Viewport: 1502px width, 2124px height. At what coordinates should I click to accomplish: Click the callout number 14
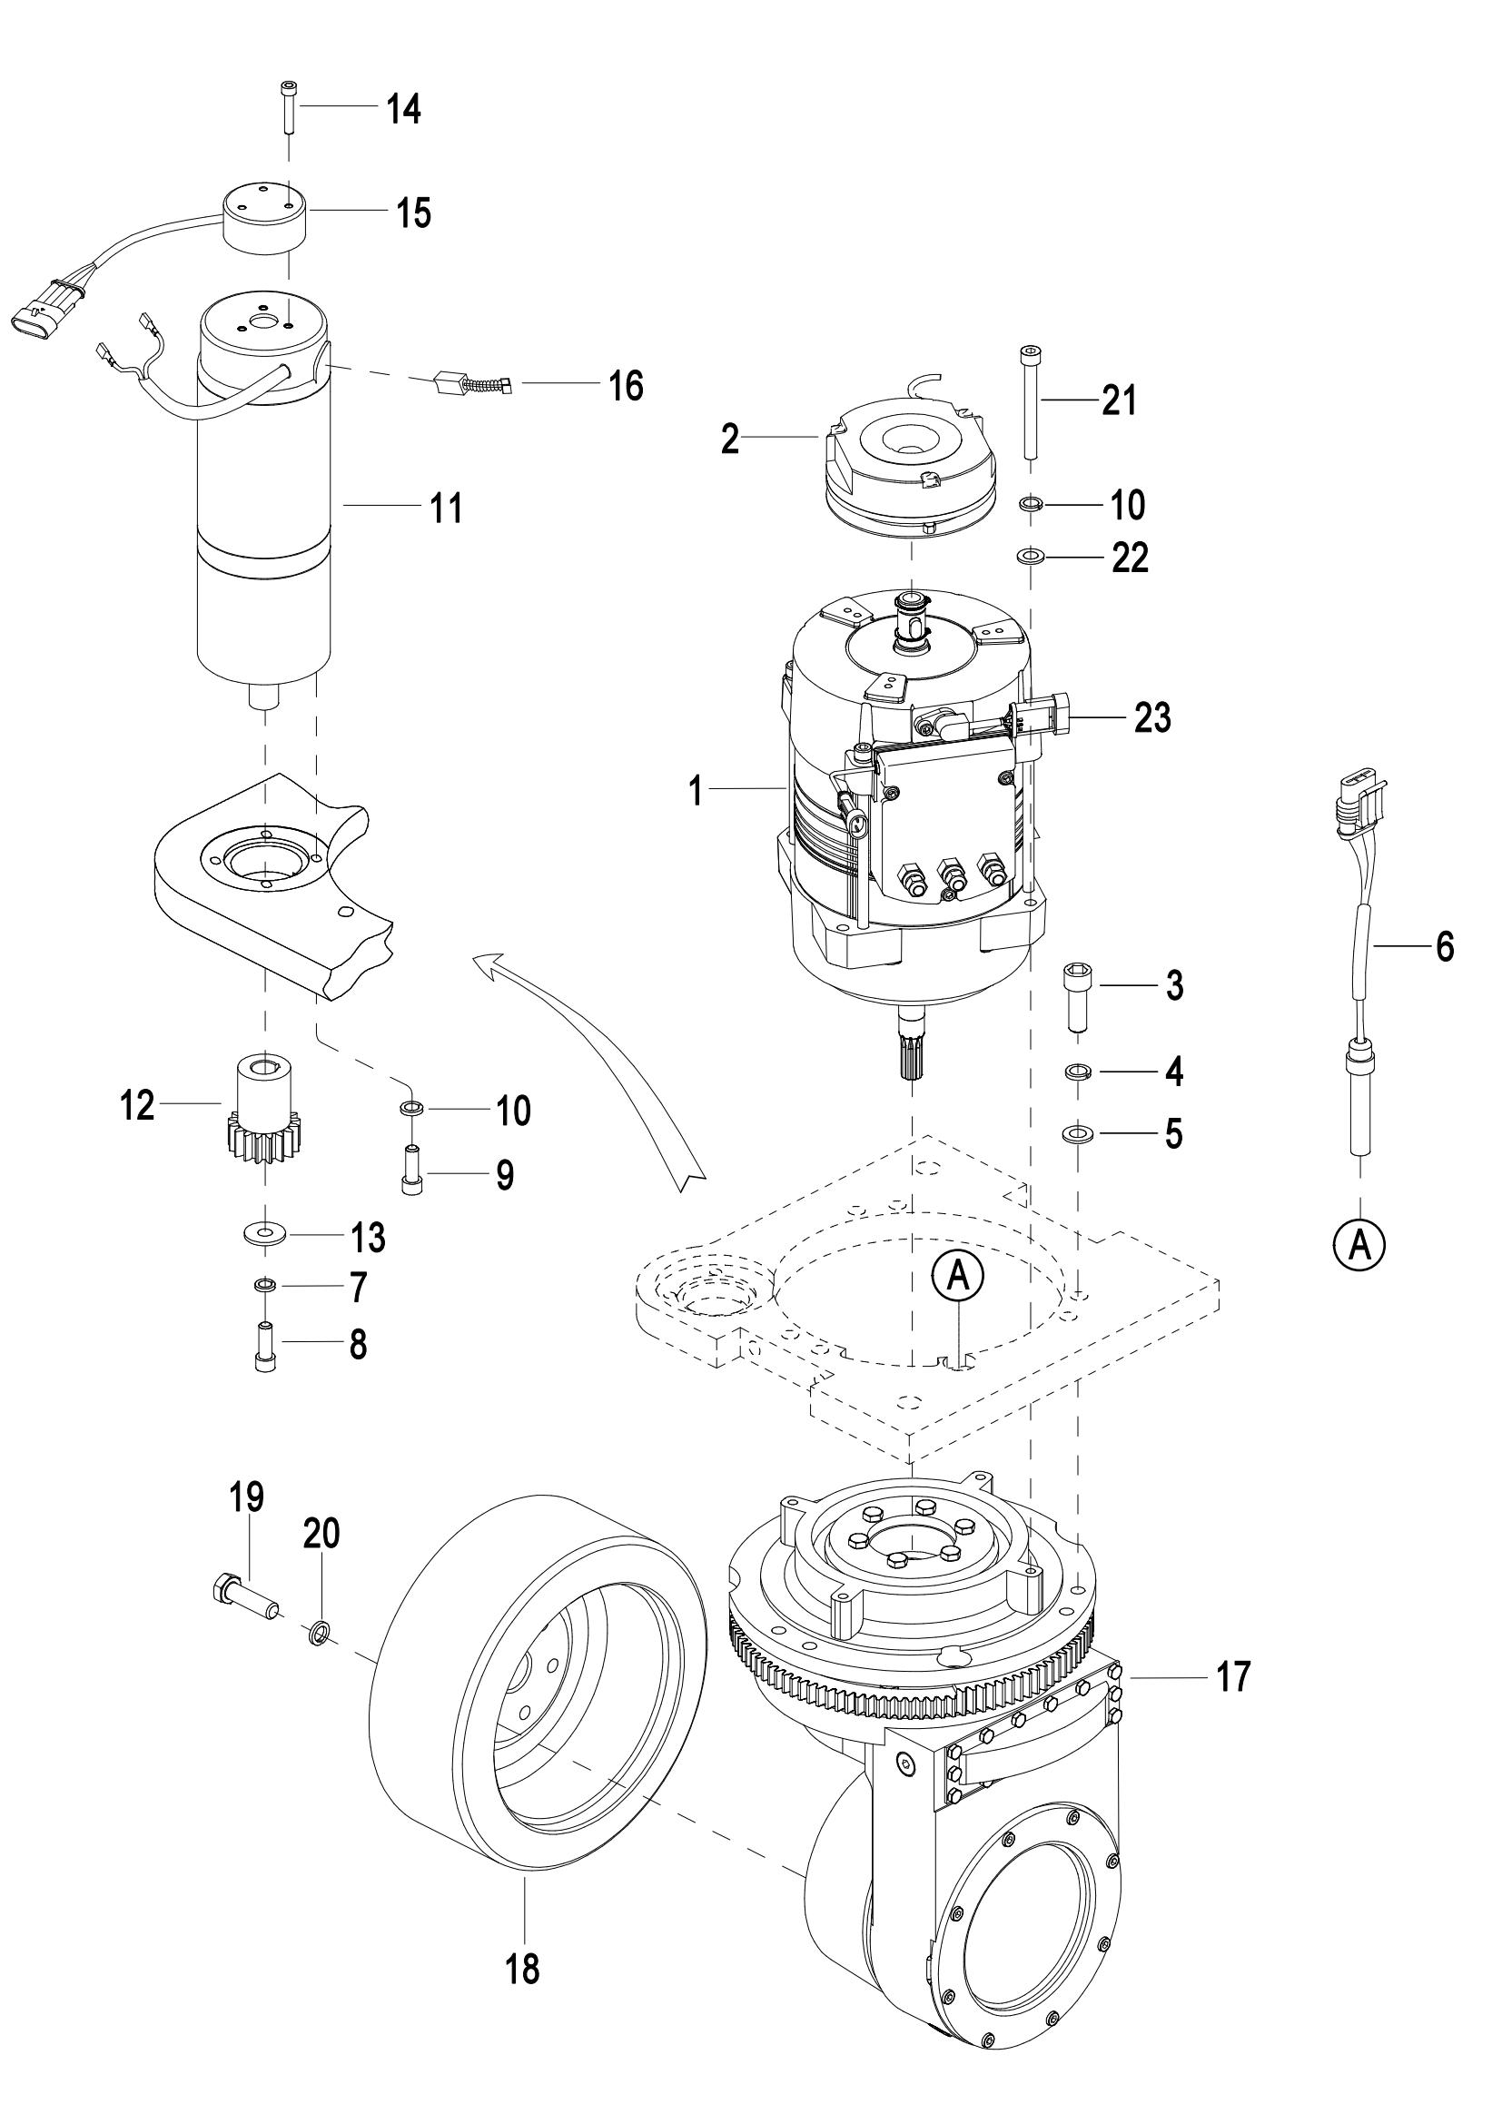(x=403, y=109)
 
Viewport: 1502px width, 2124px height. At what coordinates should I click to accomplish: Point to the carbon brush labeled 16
(x=472, y=383)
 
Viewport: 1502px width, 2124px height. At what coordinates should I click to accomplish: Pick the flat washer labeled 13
(x=266, y=1234)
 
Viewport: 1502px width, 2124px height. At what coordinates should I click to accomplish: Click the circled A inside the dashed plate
(x=959, y=1278)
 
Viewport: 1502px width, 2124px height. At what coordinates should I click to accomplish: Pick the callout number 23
(x=1152, y=717)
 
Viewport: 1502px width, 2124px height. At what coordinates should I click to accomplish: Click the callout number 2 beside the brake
(x=731, y=440)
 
